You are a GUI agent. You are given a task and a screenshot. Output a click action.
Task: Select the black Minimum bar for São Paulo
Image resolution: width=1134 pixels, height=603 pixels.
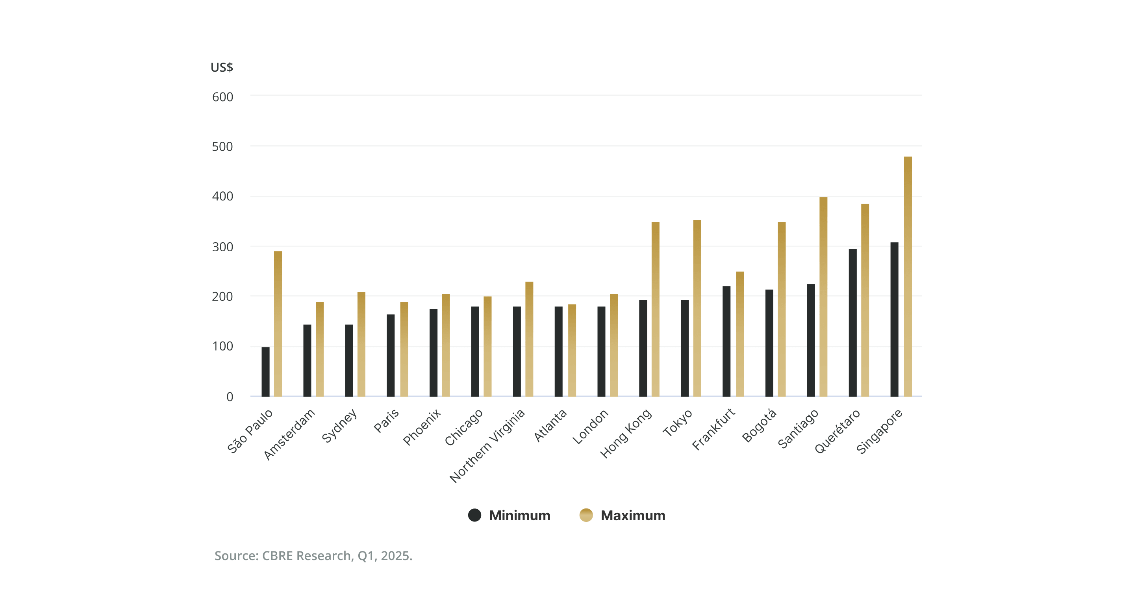[x=265, y=372]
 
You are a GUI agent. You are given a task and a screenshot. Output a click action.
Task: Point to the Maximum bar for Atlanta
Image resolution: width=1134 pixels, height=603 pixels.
[x=572, y=350]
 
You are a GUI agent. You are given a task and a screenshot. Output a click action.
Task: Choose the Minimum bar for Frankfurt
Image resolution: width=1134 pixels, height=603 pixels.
[x=726, y=341]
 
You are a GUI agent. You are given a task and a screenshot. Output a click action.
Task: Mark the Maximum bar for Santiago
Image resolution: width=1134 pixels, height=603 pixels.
[x=823, y=297]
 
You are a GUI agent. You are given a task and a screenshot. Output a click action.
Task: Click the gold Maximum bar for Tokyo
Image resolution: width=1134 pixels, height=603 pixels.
[x=697, y=308]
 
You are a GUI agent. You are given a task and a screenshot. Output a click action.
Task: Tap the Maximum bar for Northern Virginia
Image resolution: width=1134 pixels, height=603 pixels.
[x=529, y=339]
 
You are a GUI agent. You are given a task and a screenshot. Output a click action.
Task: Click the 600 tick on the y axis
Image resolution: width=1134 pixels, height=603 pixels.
[x=222, y=97]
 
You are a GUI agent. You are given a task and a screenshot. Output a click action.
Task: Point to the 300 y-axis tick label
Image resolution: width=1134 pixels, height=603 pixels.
[x=222, y=247]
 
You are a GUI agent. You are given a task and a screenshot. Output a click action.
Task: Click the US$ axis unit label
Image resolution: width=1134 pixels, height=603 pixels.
[x=221, y=67]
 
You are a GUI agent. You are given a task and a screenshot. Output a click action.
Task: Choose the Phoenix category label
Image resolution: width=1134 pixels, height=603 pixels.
[x=422, y=427]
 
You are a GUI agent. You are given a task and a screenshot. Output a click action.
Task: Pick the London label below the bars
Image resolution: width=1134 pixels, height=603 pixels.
[x=590, y=427]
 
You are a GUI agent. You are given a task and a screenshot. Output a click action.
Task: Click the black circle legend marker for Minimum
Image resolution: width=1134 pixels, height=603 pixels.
[x=474, y=515]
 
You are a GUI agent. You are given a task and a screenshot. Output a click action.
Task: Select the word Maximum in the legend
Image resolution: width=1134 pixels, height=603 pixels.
[x=633, y=515]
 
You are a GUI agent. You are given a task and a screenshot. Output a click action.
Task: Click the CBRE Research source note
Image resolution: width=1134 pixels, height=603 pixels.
[x=313, y=555]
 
